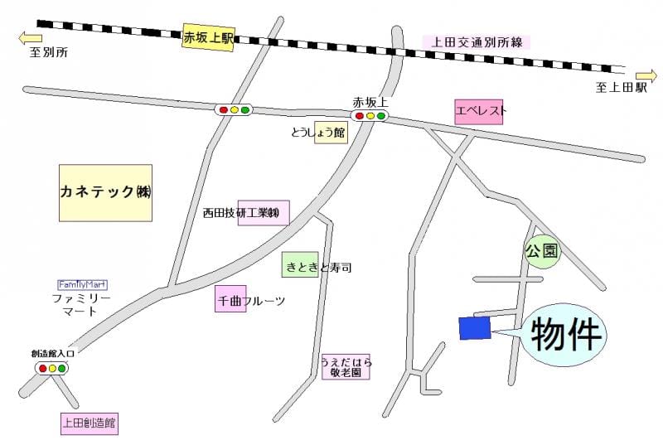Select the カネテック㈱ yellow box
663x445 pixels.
point(106,191)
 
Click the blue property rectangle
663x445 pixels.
point(475,328)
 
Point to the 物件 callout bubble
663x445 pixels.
point(563,334)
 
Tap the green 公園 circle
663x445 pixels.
point(542,250)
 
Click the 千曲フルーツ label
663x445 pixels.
point(249,301)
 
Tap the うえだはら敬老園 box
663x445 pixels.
point(346,366)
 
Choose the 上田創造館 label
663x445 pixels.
point(90,423)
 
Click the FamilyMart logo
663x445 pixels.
point(82,283)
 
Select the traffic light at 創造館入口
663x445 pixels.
point(52,367)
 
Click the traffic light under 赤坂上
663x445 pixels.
point(370,116)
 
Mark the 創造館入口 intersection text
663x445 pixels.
point(53,354)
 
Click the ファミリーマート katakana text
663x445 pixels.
point(81,304)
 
